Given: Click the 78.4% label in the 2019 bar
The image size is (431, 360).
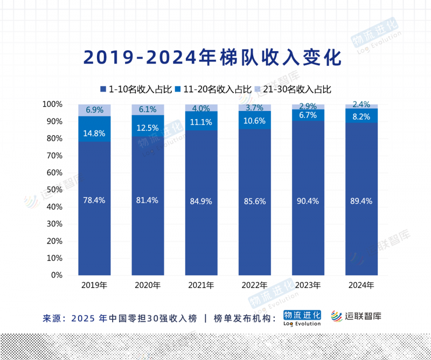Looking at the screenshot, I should [94, 200].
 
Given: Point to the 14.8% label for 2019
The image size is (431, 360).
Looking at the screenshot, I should [94, 133].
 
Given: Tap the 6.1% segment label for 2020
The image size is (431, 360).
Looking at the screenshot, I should [148, 109].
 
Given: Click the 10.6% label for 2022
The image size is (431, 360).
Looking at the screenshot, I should [254, 121].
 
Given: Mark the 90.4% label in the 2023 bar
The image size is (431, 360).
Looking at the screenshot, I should [308, 201].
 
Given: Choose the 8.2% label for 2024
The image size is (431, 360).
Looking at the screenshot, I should [361, 115].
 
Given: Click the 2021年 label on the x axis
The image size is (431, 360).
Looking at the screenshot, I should [201, 285].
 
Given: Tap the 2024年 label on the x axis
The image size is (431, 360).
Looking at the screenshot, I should [361, 285].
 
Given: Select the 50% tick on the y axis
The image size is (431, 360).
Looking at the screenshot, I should [55, 190].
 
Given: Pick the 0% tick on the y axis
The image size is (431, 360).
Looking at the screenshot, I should [57, 275].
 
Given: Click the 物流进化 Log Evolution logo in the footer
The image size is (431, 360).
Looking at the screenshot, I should [302, 317].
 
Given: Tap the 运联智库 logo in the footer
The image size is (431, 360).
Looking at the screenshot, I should [356, 316].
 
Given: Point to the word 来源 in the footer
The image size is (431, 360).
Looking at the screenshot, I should [53, 318].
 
